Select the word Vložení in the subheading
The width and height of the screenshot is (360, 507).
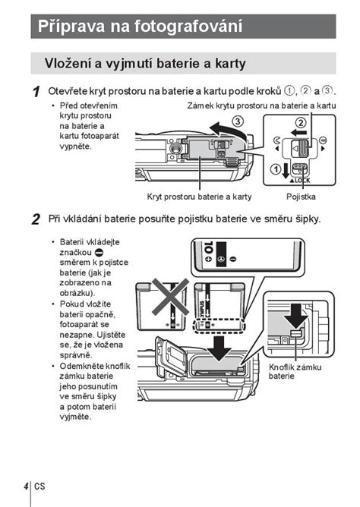tap(68, 63)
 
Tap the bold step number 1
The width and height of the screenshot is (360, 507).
tap(36, 92)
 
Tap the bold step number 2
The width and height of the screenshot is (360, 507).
tap(36, 219)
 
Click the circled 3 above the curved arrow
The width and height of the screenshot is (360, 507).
tap(238, 121)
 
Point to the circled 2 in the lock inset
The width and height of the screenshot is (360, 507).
tap(301, 122)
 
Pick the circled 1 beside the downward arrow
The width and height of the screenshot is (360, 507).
tap(276, 168)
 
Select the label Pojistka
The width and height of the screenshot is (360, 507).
tap(301, 197)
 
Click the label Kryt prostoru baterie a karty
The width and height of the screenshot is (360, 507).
tap(199, 197)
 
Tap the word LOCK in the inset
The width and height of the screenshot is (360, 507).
tap(302, 181)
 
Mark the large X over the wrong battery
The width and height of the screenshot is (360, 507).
tap(170, 297)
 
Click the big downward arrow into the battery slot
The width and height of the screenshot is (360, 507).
tap(219, 348)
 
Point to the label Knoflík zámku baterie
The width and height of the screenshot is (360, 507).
tap(295, 371)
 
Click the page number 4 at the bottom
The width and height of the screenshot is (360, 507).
tap(26, 486)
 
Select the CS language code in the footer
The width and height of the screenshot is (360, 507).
tap(39, 486)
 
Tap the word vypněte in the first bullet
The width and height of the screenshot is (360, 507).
tap(76, 146)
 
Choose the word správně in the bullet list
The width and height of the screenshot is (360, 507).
tap(76, 355)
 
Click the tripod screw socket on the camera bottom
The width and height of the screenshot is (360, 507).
tap(175, 148)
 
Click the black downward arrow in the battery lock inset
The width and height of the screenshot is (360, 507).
tap(295, 316)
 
